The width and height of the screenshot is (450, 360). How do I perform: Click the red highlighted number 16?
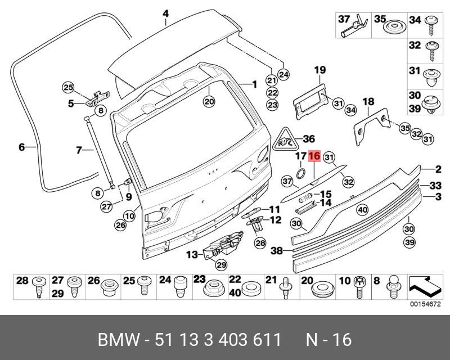tap(314, 156)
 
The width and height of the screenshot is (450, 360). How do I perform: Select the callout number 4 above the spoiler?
tap(165, 13)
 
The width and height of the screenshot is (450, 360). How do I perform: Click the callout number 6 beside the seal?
tap(21, 147)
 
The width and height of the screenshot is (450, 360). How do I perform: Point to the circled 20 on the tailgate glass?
tap(209, 102)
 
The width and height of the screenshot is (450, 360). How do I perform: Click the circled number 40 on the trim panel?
tap(362, 210)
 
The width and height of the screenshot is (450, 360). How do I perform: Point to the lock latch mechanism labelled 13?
tap(224, 245)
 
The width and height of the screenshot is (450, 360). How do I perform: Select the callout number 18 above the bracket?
tap(368, 102)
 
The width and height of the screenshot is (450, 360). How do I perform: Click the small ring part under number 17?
tap(301, 172)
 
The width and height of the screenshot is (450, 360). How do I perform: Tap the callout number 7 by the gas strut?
tap(79, 150)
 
